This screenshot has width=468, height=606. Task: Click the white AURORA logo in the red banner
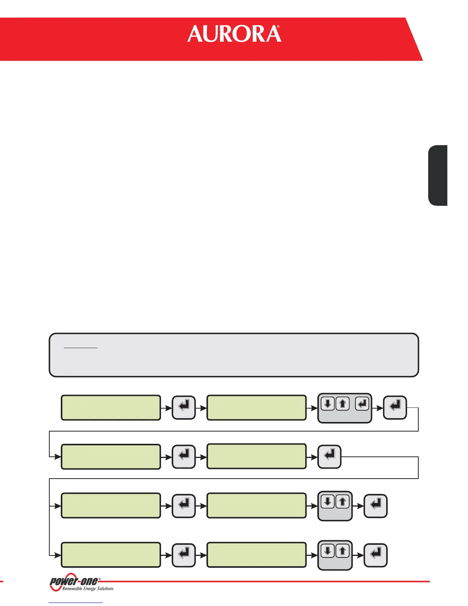pyautogui.click(x=234, y=34)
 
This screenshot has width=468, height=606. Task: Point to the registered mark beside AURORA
pyautogui.click(x=278, y=28)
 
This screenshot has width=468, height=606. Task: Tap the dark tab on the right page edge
pyautogui.click(x=438, y=176)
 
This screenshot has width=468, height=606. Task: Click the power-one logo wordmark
pyautogui.click(x=74, y=581)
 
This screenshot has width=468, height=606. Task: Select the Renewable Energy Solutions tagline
pyautogui.click(x=88, y=589)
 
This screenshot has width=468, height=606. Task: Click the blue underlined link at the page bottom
pyautogui.click(x=76, y=603)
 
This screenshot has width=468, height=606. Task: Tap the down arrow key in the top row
pyautogui.click(x=328, y=404)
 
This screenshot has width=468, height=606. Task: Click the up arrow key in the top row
pyautogui.click(x=343, y=404)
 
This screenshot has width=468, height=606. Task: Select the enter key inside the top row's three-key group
pyautogui.click(x=362, y=404)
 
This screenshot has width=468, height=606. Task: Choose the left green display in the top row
pyautogui.click(x=111, y=408)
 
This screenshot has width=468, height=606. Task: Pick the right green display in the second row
pyautogui.click(x=257, y=456)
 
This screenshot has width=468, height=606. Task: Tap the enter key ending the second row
pyautogui.click(x=329, y=456)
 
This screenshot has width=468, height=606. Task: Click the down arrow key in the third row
pyautogui.click(x=328, y=502)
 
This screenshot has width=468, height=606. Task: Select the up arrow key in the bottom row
pyautogui.click(x=343, y=551)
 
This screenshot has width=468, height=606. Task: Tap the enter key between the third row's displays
pyautogui.click(x=184, y=506)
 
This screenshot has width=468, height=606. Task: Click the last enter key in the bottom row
pyautogui.click(x=375, y=555)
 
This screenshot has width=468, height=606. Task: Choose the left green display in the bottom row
pyautogui.click(x=111, y=555)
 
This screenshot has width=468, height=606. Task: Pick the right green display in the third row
pyautogui.click(x=257, y=506)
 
